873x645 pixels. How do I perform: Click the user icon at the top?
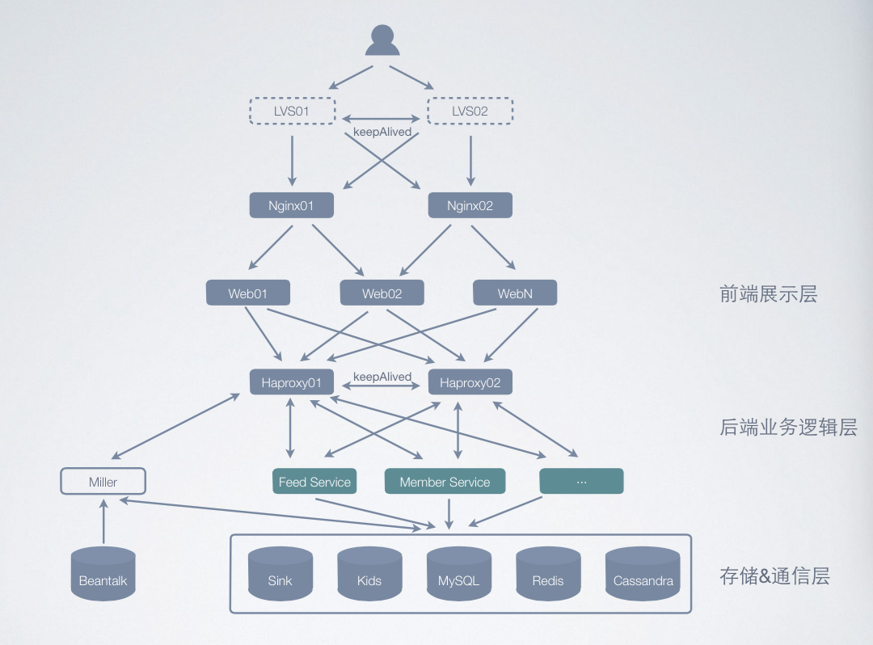pyautogui.click(x=382, y=40)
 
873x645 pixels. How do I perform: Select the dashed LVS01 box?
pyautogui.click(x=291, y=111)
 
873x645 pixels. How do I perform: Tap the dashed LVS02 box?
pyautogui.click(x=470, y=111)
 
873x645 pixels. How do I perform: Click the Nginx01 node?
pyautogui.click(x=291, y=205)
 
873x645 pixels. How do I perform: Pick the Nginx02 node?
pyautogui.click(x=470, y=205)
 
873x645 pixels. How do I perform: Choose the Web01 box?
pyautogui.click(x=247, y=293)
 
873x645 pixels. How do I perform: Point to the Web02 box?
pyautogui.click(x=382, y=293)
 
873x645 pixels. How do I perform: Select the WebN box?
pyautogui.click(x=515, y=293)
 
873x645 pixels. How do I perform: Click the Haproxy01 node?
pyautogui.click(x=291, y=382)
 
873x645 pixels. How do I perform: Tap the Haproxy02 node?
pyautogui.click(x=470, y=382)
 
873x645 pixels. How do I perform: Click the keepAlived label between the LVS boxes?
pyautogui.click(x=382, y=131)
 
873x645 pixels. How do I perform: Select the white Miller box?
pyautogui.click(x=103, y=482)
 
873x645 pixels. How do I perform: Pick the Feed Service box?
pyautogui.click(x=314, y=482)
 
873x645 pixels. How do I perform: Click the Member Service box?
pyautogui.click(x=445, y=482)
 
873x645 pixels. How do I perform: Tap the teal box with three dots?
pyautogui.click(x=581, y=482)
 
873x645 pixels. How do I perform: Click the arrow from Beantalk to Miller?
pyautogui.click(x=103, y=521)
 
